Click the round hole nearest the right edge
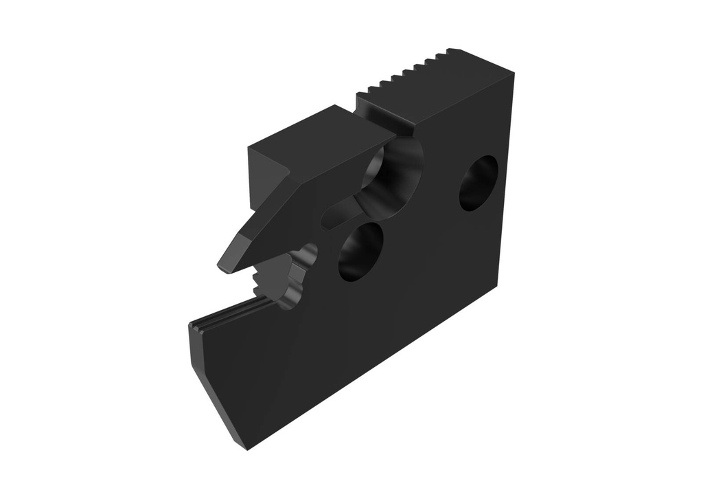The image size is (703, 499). click(479, 182)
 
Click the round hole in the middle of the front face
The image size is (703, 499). click(360, 251)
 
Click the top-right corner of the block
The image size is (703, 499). click(513, 71)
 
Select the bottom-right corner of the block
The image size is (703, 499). click(496, 289)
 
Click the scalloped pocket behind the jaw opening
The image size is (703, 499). click(302, 275)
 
